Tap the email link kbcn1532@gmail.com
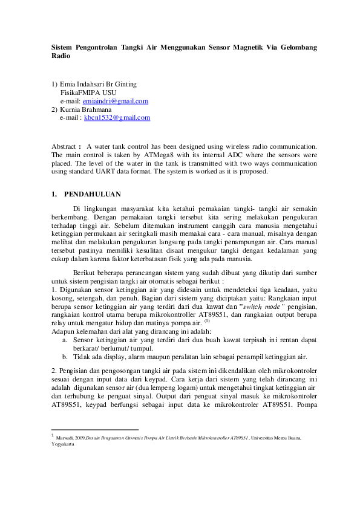(117, 118)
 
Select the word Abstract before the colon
(64, 146)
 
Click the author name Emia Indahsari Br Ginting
(98, 84)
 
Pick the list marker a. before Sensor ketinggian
(65, 340)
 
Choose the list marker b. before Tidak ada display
(65, 357)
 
